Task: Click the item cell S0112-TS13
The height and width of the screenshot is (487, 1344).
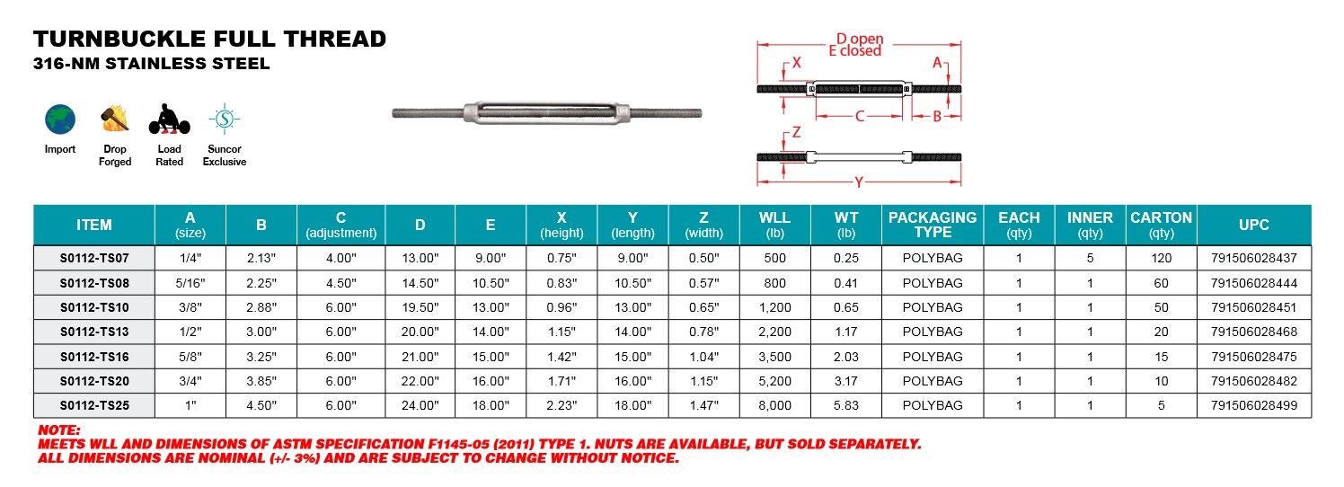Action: click(94, 332)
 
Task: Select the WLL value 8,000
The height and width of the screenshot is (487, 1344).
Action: click(774, 405)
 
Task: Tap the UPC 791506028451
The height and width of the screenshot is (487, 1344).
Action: click(1253, 307)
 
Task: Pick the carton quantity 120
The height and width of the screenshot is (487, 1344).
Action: click(1161, 258)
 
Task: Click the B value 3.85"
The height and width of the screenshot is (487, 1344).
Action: click(261, 381)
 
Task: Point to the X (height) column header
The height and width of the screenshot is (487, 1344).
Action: click(561, 225)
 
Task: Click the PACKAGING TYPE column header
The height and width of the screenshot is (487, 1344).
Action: click(933, 225)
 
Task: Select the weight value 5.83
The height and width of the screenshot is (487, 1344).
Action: click(845, 405)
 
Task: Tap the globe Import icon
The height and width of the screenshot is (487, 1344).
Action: click(60, 119)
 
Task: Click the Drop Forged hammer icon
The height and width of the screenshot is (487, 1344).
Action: click(114, 118)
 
